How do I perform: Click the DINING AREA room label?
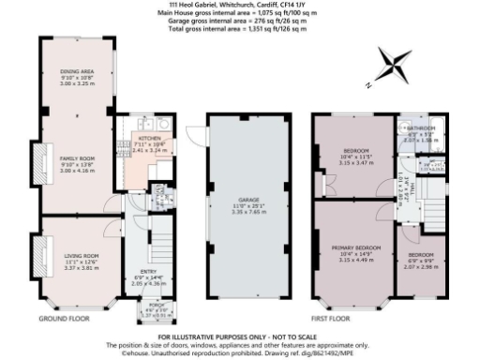click(x=77, y=70)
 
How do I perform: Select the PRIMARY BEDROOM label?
click(x=352, y=249)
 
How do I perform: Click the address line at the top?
click(x=240, y=5)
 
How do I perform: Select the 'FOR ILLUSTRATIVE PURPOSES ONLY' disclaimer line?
click(x=240, y=335)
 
